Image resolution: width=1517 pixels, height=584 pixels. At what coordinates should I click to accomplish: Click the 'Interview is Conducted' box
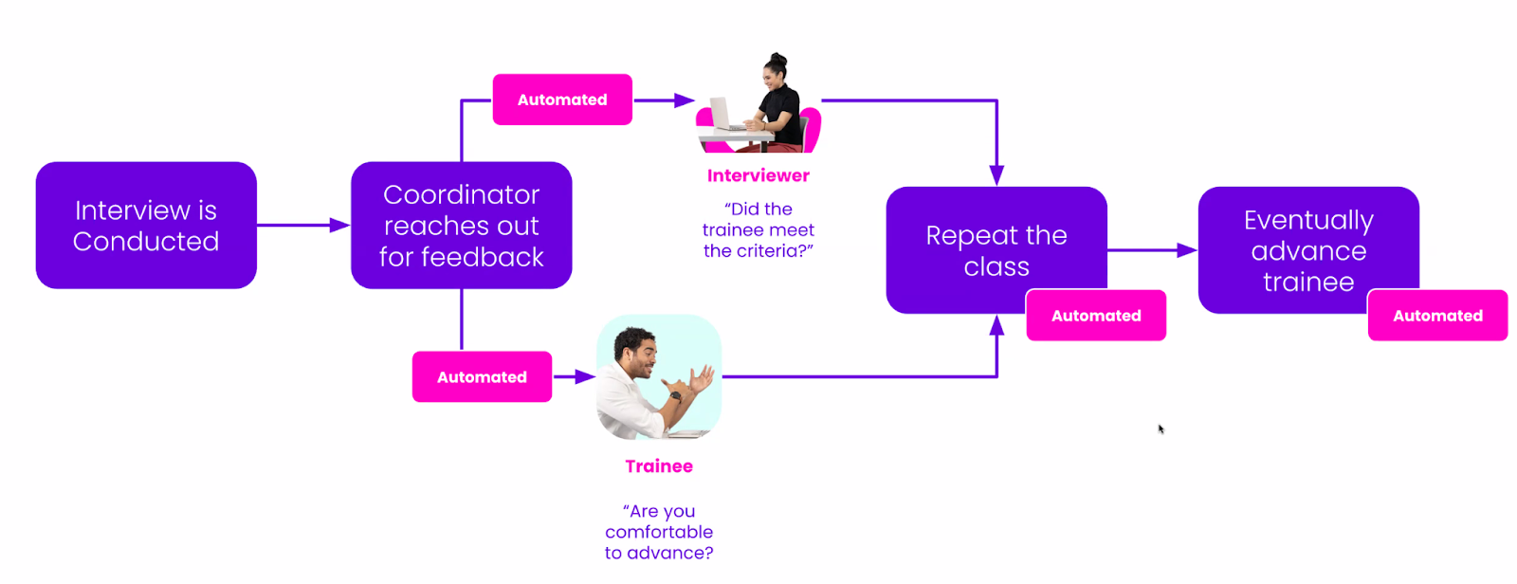pos(146,226)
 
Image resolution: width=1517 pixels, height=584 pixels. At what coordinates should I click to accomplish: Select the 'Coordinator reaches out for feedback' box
pos(461,226)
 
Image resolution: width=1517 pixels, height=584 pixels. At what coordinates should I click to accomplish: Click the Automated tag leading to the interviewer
pos(562,100)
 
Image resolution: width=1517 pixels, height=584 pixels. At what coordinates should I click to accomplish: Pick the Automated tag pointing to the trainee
pos(482,377)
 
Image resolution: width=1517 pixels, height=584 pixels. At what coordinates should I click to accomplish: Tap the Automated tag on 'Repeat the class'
pos(1096,316)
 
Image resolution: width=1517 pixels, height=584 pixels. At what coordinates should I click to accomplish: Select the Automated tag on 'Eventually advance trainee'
pos(1437,316)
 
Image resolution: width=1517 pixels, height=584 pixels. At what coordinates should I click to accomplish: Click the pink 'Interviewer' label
pos(758,175)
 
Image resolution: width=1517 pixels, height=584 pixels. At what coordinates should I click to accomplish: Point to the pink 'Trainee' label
pos(659,466)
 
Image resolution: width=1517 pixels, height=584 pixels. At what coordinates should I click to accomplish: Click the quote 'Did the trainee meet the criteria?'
pos(758,229)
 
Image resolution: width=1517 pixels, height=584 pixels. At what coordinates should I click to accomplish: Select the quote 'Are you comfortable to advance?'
pos(659,532)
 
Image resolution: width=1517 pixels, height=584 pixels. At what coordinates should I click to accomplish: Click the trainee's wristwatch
pos(674,395)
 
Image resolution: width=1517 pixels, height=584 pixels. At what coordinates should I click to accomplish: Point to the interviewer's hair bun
pos(777,58)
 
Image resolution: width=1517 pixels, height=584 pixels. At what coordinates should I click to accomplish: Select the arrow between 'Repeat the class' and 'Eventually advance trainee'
pos(1152,250)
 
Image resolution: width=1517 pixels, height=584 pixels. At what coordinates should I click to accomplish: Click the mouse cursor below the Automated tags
pos(1161,429)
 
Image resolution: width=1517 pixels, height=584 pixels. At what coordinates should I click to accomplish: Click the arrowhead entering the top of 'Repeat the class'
pos(996,175)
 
